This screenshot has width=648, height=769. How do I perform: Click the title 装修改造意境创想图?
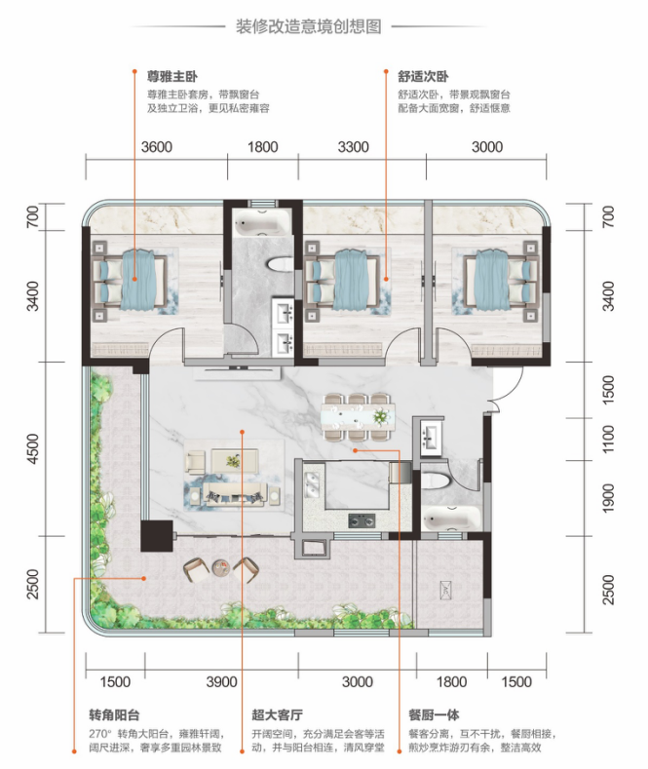(308, 26)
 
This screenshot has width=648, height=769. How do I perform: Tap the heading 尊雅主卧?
(172, 77)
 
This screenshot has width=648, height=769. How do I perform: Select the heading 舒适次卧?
(423, 77)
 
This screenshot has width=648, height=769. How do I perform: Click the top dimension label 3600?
(156, 147)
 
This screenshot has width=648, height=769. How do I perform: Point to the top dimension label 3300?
(353, 147)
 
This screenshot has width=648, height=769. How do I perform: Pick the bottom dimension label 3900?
(221, 681)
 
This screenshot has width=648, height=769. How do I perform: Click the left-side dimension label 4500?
(33, 448)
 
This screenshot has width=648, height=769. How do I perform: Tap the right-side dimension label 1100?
(608, 440)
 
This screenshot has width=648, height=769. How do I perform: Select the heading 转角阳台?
(114, 715)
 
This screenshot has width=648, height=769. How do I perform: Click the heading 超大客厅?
(278, 715)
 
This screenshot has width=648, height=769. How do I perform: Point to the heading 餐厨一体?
(434, 715)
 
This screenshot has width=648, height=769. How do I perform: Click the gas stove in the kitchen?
(362, 519)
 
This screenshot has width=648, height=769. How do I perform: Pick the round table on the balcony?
(221, 568)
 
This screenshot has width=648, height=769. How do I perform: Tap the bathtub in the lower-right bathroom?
(452, 518)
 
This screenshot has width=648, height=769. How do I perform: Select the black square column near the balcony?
(157, 536)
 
